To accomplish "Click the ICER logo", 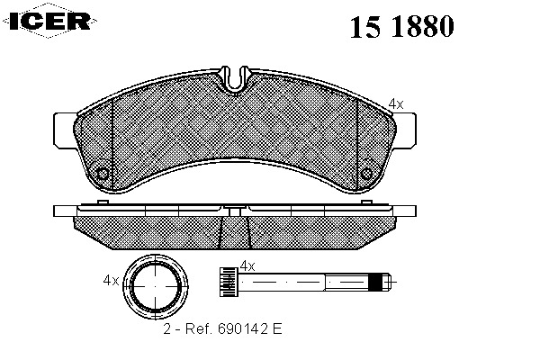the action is point(49,21).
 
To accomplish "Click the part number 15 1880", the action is point(401,27).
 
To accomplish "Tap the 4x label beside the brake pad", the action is point(396,103).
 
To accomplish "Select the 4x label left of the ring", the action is point(111,281).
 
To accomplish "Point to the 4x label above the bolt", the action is point(247,266).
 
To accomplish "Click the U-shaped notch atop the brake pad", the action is point(235,79).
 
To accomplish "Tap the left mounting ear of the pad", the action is point(65,130).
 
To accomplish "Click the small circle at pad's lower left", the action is point(103,174).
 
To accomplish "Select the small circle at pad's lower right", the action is point(366,174).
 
